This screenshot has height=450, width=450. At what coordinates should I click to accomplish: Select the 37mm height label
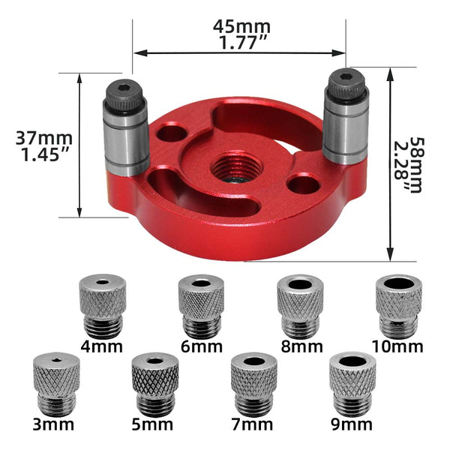tap(44, 139)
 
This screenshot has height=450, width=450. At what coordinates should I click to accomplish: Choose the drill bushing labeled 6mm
tap(200, 306)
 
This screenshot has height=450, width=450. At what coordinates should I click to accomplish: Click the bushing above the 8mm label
tap(300, 306)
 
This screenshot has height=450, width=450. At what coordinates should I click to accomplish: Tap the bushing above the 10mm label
tap(399, 306)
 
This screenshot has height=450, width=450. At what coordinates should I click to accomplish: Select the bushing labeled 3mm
tap(56, 382)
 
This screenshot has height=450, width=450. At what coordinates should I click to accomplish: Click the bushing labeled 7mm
tap(254, 382)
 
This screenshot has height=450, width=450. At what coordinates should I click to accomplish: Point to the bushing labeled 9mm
tap(352, 382)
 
